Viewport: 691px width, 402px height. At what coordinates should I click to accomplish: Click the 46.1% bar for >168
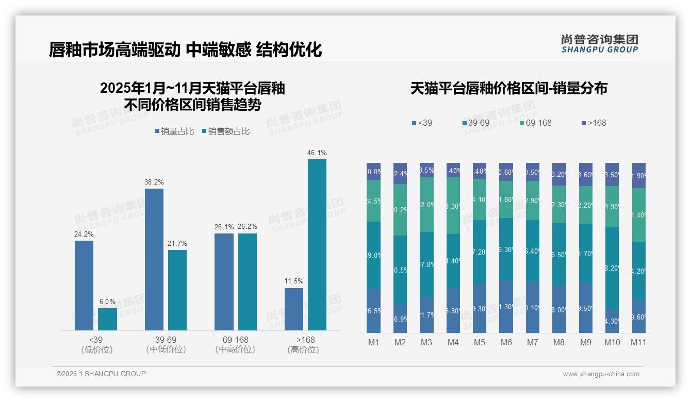click(x=317, y=244)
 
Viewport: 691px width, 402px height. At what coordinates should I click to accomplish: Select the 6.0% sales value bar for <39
click(x=107, y=319)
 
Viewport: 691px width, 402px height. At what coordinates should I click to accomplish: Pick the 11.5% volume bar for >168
click(x=294, y=309)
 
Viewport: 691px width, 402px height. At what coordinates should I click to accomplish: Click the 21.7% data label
click(x=177, y=243)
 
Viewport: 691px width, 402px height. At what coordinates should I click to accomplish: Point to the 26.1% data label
click(x=224, y=227)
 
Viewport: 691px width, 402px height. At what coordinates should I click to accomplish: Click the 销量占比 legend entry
click(x=174, y=131)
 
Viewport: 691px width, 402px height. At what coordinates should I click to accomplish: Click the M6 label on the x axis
click(x=506, y=342)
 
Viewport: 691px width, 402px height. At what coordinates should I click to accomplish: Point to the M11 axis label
click(x=638, y=342)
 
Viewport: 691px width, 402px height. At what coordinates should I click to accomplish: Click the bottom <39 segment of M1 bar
click(x=374, y=310)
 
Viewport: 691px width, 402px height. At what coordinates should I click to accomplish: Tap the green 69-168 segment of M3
click(x=426, y=205)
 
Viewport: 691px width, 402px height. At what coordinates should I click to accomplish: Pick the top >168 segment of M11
click(x=639, y=175)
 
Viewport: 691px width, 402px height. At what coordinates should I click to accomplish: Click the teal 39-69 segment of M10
click(x=612, y=267)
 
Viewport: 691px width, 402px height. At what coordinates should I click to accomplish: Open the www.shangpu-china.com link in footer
click(x=601, y=374)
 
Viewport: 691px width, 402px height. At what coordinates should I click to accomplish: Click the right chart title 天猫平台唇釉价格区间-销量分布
click(x=508, y=88)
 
